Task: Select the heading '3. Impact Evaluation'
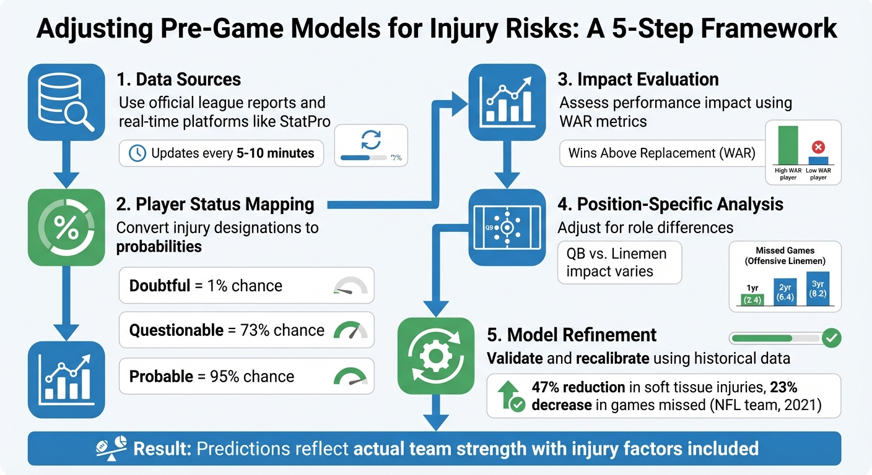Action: click(x=639, y=79)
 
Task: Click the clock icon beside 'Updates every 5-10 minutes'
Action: click(x=137, y=153)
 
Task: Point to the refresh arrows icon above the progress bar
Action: click(x=371, y=139)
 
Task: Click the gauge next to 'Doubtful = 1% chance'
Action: click(x=350, y=286)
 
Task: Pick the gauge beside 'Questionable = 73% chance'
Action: click(x=350, y=330)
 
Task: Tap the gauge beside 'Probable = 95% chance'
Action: click(x=350, y=376)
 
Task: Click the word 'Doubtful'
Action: click(x=160, y=286)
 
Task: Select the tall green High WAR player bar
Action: click(x=788, y=145)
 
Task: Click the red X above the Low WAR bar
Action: click(x=818, y=147)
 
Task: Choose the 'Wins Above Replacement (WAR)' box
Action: click(x=661, y=153)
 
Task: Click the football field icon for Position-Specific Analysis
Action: click(x=506, y=228)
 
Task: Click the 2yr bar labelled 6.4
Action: click(x=786, y=293)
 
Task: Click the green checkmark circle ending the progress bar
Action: click(x=831, y=338)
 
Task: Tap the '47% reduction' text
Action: click(x=578, y=388)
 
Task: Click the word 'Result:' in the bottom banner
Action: click(x=162, y=448)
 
